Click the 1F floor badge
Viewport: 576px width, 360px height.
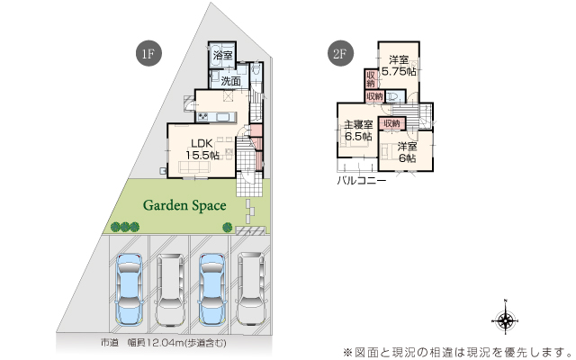pyautogui.click(x=148, y=53)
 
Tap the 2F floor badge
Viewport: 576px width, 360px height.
pyautogui.click(x=340, y=53)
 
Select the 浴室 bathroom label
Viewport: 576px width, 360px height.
pyautogui.click(x=222, y=56)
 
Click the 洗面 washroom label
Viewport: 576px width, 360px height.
pyautogui.click(x=231, y=81)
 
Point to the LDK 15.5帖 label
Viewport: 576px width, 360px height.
pyautogui.click(x=202, y=148)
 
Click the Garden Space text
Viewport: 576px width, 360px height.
pyautogui.click(x=184, y=205)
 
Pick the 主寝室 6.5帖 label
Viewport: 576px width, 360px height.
pyautogui.click(x=358, y=130)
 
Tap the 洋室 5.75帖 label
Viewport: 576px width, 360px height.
pyautogui.click(x=399, y=65)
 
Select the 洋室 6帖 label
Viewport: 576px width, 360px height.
pyautogui.click(x=407, y=152)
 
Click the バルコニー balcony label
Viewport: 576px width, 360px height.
pyautogui.click(x=362, y=181)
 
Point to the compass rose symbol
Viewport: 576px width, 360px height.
pyautogui.click(x=506, y=319)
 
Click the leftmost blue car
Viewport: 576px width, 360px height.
pyautogui.click(x=129, y=289)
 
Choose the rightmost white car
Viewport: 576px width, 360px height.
pyautogui.click(x=251, y=289)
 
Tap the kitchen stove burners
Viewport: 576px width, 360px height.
pyautogui.click(x=203, y=117)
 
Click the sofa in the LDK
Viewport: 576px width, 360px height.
pyautogui.click(x=194, y=166)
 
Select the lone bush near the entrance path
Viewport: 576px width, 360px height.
pyautogui.click(x=228, y=227)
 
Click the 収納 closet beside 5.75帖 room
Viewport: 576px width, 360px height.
pyautogui.click(x=370, y=78)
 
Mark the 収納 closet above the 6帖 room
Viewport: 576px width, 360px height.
pyautogui.click(x=392, y=123)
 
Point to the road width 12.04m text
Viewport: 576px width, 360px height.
pyautogui.click(x=164, y=343)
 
